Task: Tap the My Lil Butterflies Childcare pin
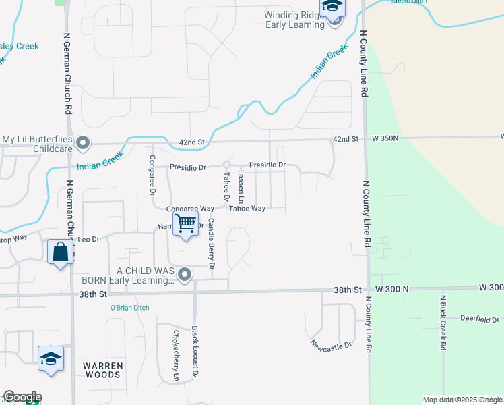pos(83,142)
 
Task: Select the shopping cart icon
pos(185,222)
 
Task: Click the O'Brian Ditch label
pos(129,308)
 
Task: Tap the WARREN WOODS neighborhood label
pos(103,371)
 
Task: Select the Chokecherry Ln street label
pos(175,356)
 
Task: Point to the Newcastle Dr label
pos(332,346)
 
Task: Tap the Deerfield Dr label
pos(479,319)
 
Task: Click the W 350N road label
pos(386,138)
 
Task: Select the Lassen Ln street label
pos(241,187)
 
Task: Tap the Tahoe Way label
pos(247,209)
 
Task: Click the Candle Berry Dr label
pos(211,244)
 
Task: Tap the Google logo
pos(22,397)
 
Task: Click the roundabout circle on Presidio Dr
pos(227,165)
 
